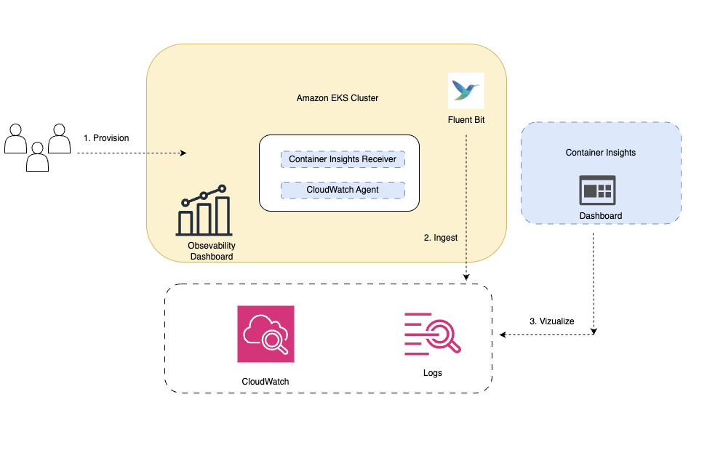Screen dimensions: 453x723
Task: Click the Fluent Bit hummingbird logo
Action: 466,90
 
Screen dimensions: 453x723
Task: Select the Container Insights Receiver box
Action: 343,159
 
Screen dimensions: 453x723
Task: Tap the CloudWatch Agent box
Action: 343,191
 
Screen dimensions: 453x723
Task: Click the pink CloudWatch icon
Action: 265,334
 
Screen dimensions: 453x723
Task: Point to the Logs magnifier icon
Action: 433,334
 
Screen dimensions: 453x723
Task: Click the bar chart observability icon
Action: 204,211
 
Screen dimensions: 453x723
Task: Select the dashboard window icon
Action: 600,190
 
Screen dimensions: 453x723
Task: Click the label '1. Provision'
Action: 106,137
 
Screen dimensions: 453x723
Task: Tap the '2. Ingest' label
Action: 440,237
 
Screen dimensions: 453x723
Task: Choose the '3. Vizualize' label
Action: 551,321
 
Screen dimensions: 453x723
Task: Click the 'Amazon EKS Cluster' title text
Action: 337,98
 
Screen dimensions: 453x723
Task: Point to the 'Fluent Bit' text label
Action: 466,119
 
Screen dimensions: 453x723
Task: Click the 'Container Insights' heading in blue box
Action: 600,153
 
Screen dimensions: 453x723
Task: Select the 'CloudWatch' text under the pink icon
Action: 265,381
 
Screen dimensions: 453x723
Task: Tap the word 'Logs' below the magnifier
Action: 433,373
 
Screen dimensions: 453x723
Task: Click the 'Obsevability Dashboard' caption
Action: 212,251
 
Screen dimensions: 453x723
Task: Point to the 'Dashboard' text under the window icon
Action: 600,216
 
